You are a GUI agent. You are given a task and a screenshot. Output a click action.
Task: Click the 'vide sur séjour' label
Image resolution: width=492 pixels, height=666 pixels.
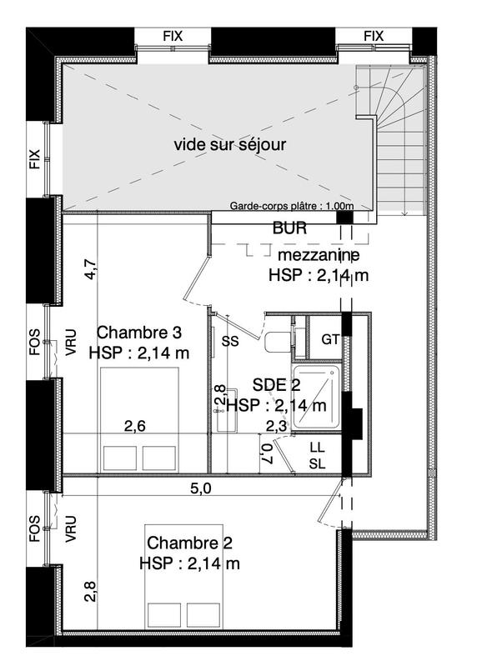point(229,144)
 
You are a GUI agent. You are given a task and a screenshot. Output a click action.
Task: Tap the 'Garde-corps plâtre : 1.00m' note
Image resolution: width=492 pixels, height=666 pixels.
point(292,206)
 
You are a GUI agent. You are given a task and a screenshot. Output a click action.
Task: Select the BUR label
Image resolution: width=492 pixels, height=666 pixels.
point(289,227)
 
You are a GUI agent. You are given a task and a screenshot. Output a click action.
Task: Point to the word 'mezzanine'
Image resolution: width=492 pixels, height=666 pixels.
point(319,254)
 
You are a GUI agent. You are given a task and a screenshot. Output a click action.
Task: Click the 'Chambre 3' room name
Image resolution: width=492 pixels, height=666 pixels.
point(138,331)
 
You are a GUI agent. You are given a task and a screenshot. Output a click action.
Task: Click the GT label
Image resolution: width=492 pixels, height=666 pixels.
point(329,339)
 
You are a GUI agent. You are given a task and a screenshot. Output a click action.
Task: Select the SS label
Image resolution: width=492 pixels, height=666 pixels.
point(230,341)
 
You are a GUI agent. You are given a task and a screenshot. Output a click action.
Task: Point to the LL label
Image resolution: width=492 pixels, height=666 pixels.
point(317,448)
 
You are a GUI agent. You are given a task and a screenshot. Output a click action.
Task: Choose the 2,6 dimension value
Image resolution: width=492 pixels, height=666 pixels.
point(135,427)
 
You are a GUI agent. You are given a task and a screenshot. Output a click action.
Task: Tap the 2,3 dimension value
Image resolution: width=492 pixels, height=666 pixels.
point(276,427)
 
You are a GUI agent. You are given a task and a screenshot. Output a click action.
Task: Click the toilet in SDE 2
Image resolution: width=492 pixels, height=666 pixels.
point(279,339)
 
